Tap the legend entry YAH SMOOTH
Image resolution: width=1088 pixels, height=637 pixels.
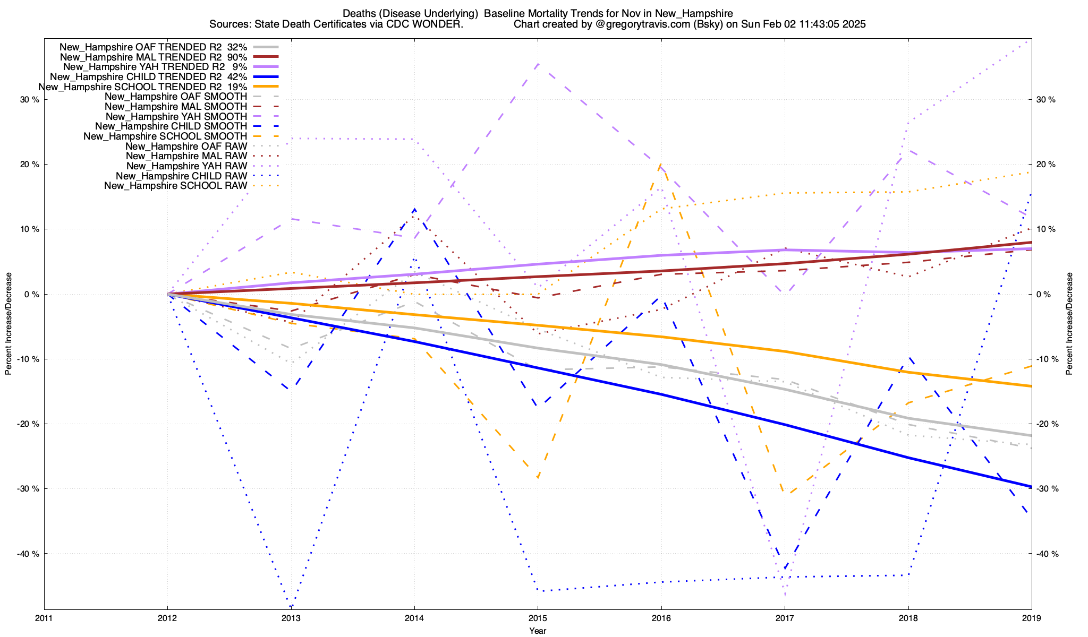coord(176,116)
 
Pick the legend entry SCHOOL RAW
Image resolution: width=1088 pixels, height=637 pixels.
coord(175,186)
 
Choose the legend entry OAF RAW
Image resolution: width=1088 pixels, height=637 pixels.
coord(186,146)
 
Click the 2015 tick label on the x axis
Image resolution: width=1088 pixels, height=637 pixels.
coord(538,618)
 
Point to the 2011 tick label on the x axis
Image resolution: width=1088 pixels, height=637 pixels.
coord(44,618)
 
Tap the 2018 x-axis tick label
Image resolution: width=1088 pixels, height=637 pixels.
coord(908,618)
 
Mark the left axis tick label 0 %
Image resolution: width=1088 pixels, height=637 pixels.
coord(32,294)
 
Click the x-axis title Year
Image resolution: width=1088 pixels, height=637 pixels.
coord(538,631)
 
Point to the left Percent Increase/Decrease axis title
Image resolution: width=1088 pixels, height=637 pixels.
coord(8,324)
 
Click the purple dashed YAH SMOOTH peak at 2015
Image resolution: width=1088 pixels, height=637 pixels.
coord(538,64)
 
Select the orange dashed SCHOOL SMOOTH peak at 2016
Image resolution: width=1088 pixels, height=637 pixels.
coord(660,165)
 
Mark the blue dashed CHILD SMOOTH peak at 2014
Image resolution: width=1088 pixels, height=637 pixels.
coord(414,209)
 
